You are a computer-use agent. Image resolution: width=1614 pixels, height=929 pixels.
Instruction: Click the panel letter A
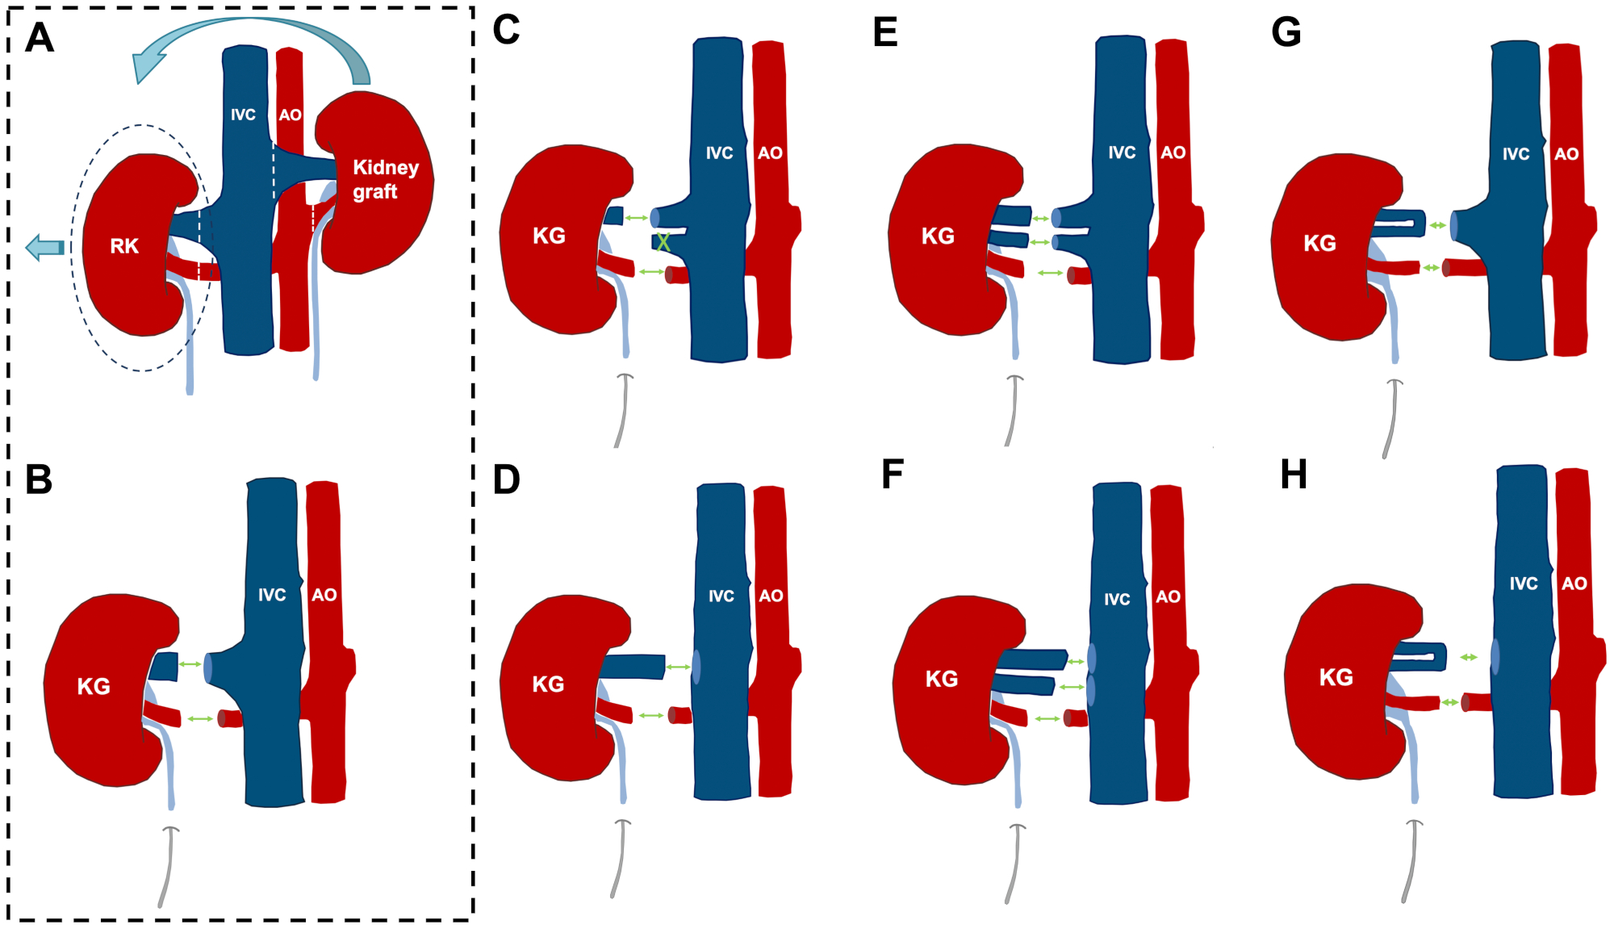pyautogui.click(x=40, y=38)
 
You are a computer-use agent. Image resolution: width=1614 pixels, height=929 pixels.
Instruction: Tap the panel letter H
pyautogui.click(x=1294, y=475)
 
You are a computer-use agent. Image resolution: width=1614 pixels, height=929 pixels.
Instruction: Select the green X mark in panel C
pyautogui.click(x=663, y=241)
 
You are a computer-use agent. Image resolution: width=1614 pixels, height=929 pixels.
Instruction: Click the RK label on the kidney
pyautogui.click(x=124, y=246)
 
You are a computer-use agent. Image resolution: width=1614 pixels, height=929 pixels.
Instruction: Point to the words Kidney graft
pyautogui.click(x=385, y=179)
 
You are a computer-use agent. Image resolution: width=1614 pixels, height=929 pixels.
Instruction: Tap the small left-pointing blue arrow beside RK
pyautogui.click(x=45, y=247)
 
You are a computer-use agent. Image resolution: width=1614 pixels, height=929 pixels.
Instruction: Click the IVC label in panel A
pyautogui.click(x=243, y=115)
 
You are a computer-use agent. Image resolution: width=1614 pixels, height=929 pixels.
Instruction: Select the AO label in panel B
pyautogui.click(x=324, y=595)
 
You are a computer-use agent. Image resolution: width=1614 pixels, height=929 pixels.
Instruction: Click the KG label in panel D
pyautogui.click(x=548, y=684)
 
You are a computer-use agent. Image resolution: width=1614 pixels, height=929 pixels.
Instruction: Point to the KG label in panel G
pyautogui.click(x=1319, y=243)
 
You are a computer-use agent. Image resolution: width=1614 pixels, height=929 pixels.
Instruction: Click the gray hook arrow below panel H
pyautogui.click(x=1411, y=860)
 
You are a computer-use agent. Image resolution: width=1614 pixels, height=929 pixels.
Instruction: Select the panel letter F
pyautogui.click(x=892, y=475)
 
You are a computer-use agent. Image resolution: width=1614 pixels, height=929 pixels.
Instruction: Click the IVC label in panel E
pyautogui.click(x=1122, y=153)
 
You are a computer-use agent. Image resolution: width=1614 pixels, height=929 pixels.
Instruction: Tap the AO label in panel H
pyautogui.click(x=1574, y=584)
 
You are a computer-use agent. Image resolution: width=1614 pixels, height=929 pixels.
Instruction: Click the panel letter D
pyautogui.click(x=506, y=479)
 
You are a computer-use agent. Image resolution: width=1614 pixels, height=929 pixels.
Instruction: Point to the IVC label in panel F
pyautogui.click(x=1117, y=599)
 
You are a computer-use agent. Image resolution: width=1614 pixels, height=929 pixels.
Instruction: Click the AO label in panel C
pyautogui.click(x=770, y=153)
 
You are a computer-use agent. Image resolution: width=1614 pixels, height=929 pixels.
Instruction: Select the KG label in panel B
pyautogui.click(x=94, y=687)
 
